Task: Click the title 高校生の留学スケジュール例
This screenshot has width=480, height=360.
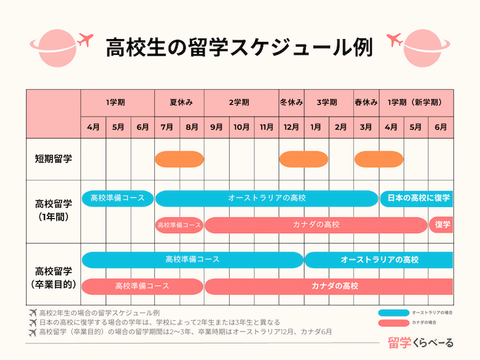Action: pos(239,47)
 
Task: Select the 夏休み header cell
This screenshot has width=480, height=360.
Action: pos(180,102)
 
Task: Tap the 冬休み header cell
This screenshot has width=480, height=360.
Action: pos(291,102)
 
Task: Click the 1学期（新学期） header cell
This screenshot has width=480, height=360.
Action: pos(416,102)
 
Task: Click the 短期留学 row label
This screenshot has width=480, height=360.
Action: pos(53,158)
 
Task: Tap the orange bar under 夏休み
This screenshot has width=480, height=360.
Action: pos(180,159)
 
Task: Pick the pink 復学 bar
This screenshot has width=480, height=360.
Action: pos(441,224)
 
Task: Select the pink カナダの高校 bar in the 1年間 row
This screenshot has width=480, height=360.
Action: pos(315,224)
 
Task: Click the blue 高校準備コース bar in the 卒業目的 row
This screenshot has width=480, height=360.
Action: pos(192,260)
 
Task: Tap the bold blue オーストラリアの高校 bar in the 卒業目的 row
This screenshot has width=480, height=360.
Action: pos(379,260)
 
